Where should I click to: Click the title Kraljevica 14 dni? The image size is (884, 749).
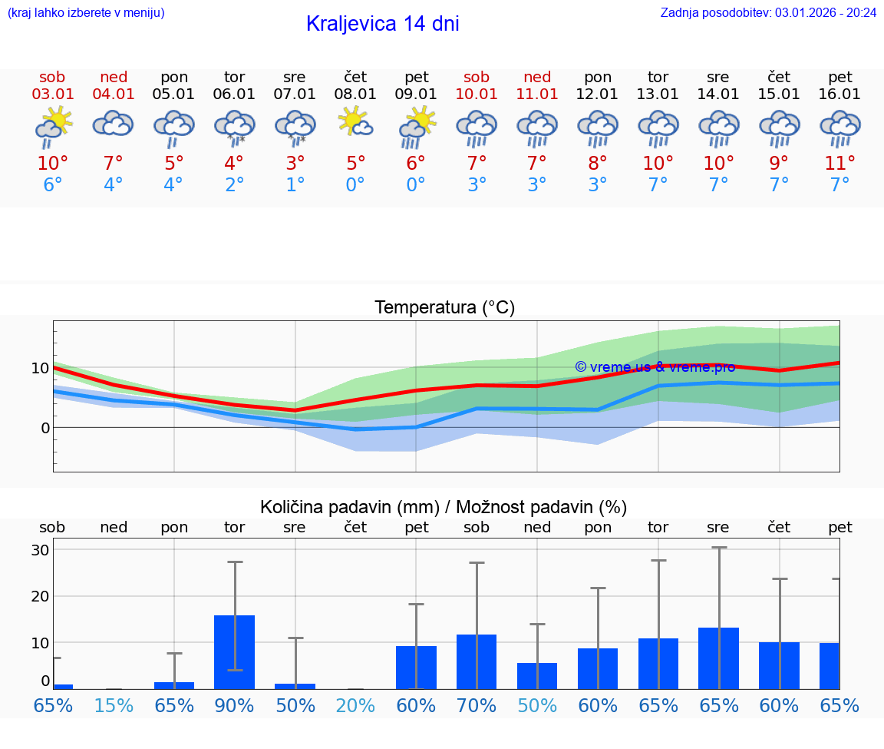[382, 24]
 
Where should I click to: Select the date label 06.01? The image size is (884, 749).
[234, 94]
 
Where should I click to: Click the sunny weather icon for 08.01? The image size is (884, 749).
[355, 122]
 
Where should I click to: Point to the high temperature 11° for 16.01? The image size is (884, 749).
[839, 164]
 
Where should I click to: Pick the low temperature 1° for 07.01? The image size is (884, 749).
[295, 185]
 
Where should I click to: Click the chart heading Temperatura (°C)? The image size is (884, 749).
[444, 308]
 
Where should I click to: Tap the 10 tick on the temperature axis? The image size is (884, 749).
[40, 368]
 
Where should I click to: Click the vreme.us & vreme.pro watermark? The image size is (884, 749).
[655, 367]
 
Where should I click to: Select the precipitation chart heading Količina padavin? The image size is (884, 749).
[444, 507]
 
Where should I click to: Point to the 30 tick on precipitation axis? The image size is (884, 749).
[40, 550]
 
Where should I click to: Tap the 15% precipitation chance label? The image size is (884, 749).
[114, 706]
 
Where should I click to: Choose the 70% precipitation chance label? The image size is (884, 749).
[477, 706]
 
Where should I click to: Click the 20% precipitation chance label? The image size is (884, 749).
[355, 706]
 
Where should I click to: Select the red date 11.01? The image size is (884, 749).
[537, 94]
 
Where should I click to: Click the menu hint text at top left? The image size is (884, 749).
[85, 12]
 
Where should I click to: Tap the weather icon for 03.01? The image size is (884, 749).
[53, 126]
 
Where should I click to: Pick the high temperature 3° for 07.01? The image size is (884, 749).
[295, 164]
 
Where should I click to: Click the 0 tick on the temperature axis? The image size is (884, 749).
[45, 428]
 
